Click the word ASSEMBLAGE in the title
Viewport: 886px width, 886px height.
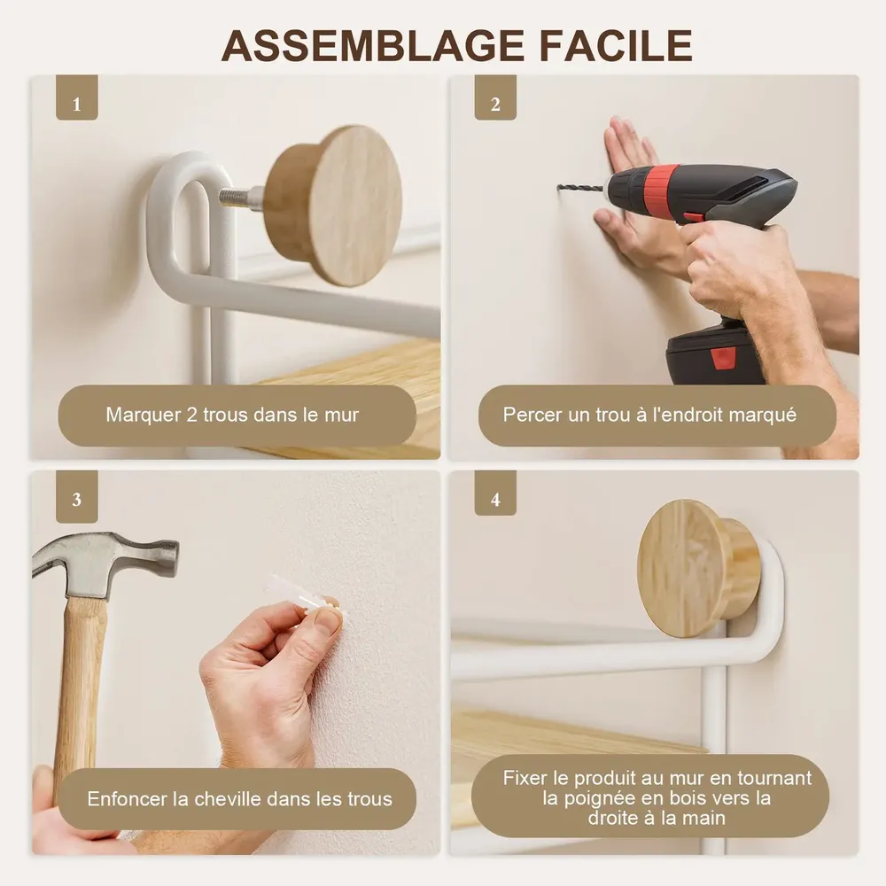[x=374, y=46]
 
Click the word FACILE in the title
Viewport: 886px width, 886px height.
[x=616, y=46]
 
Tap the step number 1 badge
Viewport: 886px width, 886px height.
[x=77, y=97]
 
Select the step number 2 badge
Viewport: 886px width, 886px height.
[x=495, y=97]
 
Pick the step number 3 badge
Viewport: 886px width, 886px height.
[x=77, y=497]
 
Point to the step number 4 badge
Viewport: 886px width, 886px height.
[x=495, y=494]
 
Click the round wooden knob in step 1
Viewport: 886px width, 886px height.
[x=333, y=206]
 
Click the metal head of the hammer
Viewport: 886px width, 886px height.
[x=102, y=563]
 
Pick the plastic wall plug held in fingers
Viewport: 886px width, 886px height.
[x=302, y=596]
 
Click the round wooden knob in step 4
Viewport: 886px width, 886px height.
[x=697, y=568]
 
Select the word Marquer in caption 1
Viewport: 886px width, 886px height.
[x=144, y=416]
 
